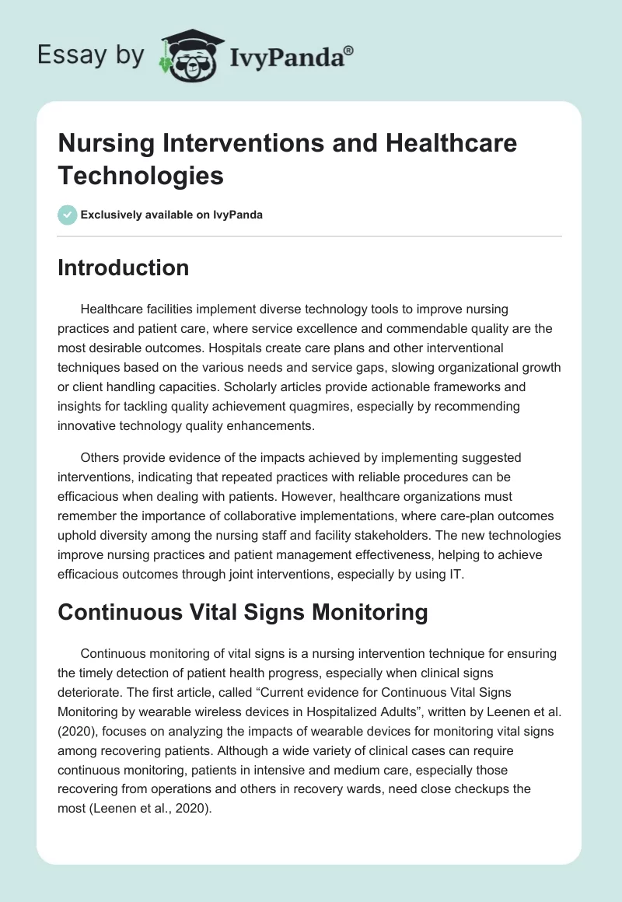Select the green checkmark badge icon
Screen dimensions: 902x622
click(x=68, y=215)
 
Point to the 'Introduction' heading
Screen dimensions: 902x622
click(x=124, y=267)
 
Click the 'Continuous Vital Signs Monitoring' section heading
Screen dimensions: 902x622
click(x=243, y=612)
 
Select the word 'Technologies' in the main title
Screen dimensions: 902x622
click(x=141, y=175)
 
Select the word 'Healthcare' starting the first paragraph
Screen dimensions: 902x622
click(x=114, y=309)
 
